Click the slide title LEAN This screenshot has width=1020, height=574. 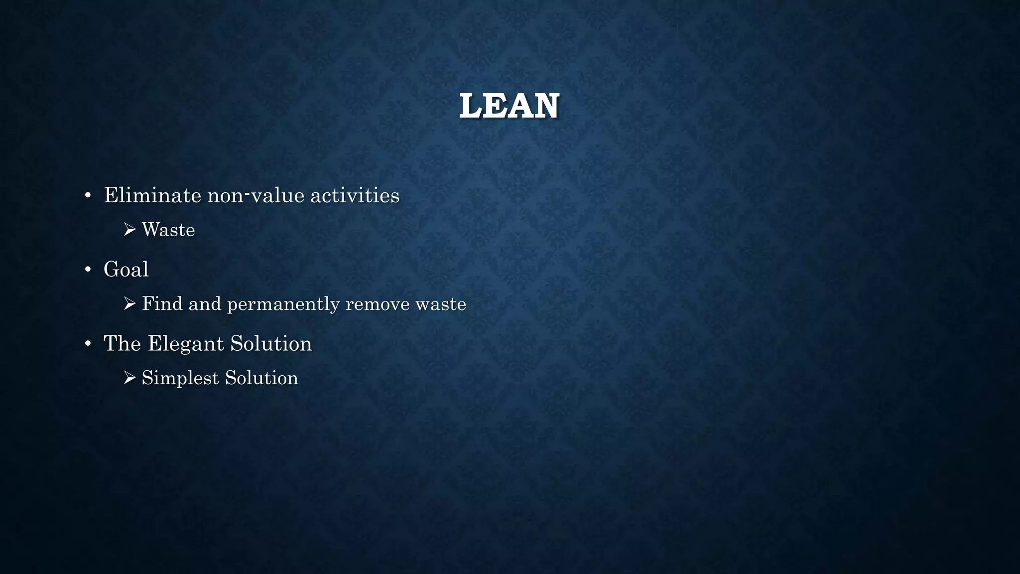510,106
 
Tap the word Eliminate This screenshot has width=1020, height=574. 152,195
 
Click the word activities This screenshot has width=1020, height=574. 355,195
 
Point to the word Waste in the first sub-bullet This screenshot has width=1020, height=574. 168,230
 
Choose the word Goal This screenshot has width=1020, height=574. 126,270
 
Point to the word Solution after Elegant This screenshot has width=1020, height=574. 271,343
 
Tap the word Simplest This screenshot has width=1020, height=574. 180,378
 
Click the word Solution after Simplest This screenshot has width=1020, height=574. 261,378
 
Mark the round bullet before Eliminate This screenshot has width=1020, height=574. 88,196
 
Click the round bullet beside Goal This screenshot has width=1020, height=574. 88,270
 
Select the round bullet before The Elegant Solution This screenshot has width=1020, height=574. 88,344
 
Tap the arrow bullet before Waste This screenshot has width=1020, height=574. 129,230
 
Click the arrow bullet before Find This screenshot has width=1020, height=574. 129,304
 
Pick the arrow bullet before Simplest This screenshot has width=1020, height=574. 129,378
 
